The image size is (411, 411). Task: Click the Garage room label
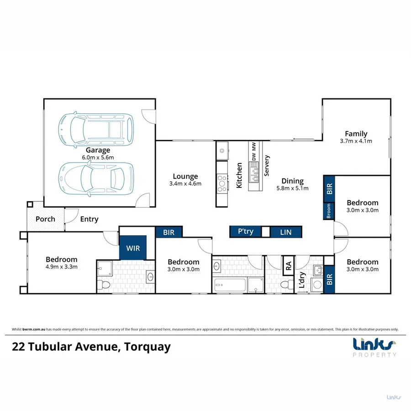[x=98, y=150]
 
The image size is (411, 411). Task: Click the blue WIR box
[x=133, y=248]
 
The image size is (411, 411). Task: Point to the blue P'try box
[x=246, y=232]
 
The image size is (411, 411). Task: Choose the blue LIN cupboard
[x=285, y=232]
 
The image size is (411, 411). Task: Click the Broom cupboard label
[x=329, y=211]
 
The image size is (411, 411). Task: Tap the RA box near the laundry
[x=289, y=266]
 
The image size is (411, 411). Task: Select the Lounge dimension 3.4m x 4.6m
[x=185, y=184]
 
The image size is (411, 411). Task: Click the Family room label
[x=356, y=134]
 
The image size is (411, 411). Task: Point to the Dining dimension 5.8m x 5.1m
[x=292, y=188]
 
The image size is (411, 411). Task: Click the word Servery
[x=267, y=166]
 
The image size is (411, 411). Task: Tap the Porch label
[x=45, y=219]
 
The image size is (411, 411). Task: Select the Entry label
[x=89, y=219]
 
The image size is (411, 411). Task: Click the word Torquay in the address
[x=147, y=347]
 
